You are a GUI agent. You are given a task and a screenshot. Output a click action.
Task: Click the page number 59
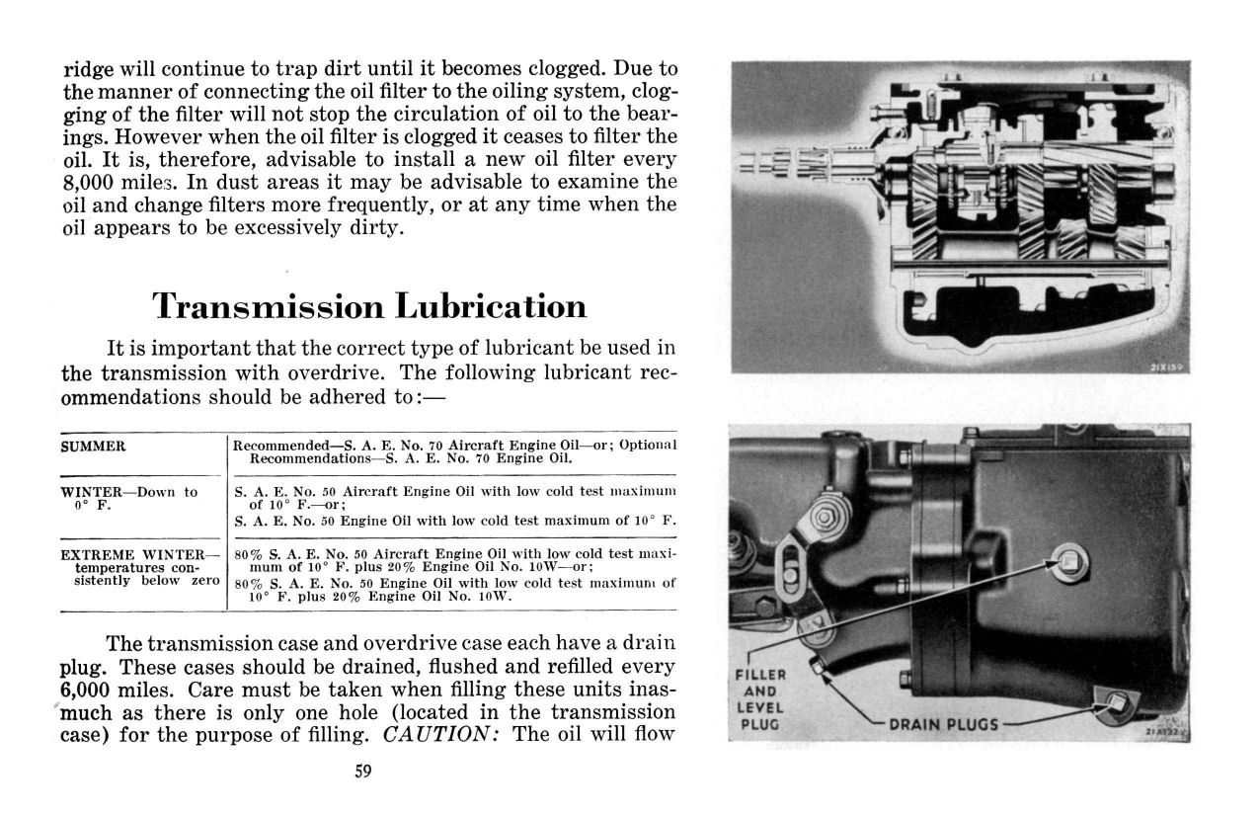pyautogui.click(x=362, y=772)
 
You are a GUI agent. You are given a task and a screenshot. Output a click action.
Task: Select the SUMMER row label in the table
pyautogui.click(x=93, y=447)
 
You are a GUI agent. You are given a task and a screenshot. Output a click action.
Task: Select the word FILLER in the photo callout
pyautogui.click(x=761, y=675)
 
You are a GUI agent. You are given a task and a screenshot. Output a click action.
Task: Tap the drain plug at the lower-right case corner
pyautogui.click(x=1117, y=704)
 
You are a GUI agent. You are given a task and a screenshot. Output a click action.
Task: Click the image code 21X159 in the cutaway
pyautogui.click(x=1168, y=366)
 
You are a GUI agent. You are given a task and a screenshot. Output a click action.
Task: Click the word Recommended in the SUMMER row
pyautogui.click(x=275, y=447)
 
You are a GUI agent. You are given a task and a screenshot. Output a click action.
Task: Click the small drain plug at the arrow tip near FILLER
pyautogui.click(x=819, y=664)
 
